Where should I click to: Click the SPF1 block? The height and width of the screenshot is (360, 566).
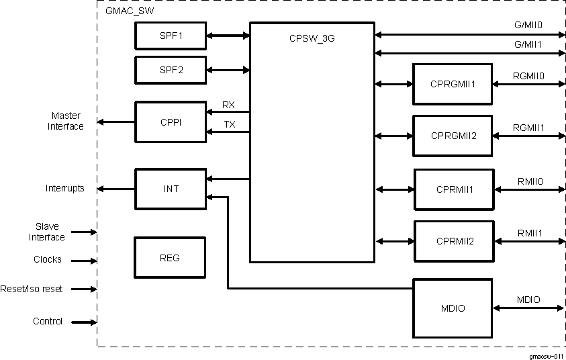(171, 36)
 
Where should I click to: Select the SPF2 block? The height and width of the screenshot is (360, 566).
(171, 69)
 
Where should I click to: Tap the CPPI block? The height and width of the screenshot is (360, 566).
(171, 122)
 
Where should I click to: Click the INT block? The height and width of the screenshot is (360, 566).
(171, 189)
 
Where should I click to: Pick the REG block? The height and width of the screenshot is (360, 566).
(171, 257)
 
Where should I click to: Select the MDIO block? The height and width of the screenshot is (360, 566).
(453, 308)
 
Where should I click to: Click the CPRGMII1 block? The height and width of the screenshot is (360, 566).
(453, 84)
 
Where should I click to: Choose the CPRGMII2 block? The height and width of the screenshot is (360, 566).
(453, 136)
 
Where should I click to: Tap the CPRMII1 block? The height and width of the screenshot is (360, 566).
(455, 189)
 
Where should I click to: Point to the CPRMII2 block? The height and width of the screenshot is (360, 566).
(455, 240)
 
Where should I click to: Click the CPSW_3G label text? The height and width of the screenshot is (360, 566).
(311, 38)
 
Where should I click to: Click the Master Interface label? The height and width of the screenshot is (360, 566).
(65, 121)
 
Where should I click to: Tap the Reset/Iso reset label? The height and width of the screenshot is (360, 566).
(32, 289)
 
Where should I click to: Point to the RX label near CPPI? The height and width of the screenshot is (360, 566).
(228, 104)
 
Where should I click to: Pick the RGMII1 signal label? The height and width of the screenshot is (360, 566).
(528, 127)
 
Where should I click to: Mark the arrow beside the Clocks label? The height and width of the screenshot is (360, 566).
(84, 261)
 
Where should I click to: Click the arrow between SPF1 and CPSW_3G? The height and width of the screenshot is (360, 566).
(228, 36)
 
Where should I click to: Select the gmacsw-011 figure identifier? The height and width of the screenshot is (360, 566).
(546, 355)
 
